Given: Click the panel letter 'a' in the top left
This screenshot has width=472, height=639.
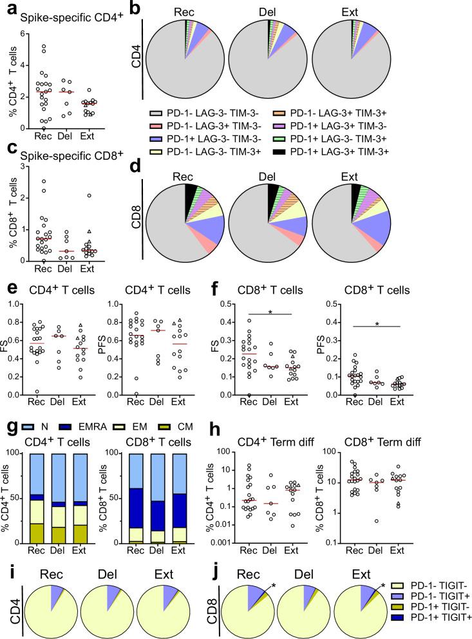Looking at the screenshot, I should coord(6,7).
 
